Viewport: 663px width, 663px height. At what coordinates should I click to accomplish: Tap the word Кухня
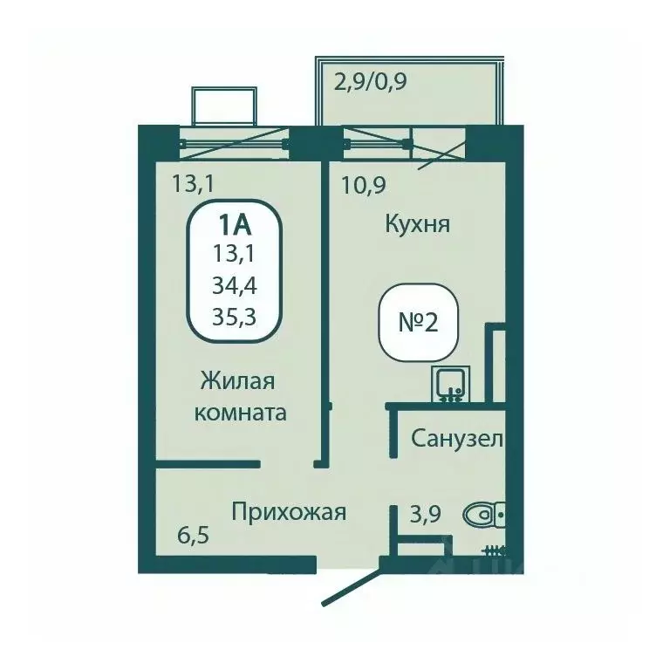click(417, 225)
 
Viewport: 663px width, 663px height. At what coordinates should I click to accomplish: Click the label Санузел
click(456, 439)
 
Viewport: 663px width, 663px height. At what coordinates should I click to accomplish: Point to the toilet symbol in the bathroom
click(482, 516)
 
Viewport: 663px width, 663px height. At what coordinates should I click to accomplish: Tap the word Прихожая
click(289, 512)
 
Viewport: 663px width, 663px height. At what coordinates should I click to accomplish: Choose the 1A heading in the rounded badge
click(233, 225)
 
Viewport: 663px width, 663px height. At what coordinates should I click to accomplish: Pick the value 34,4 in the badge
click(233, 284)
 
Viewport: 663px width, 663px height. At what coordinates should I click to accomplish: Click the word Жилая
click(238, 381)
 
